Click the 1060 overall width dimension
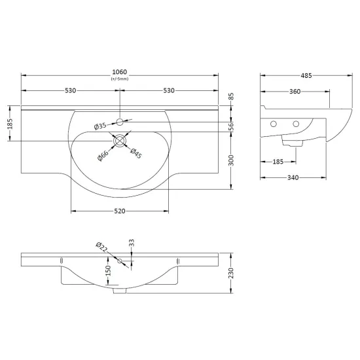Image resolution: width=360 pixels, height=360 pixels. coord(119,72)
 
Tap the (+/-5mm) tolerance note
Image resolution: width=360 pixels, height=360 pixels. coord(120,79)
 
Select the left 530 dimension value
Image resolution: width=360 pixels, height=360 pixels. coord(70,91)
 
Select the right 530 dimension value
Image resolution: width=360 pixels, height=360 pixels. coord(169,91)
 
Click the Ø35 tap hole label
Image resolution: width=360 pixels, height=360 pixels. coord(100,126)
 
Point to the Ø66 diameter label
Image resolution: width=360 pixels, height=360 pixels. coord(103,155)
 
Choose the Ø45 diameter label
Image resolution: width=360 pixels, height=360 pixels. coord(136,153)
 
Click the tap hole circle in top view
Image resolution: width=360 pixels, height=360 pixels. coord(120,122)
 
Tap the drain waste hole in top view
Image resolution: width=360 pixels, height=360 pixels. coord(120,141)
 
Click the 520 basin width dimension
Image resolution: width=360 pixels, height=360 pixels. coord(120,211)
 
